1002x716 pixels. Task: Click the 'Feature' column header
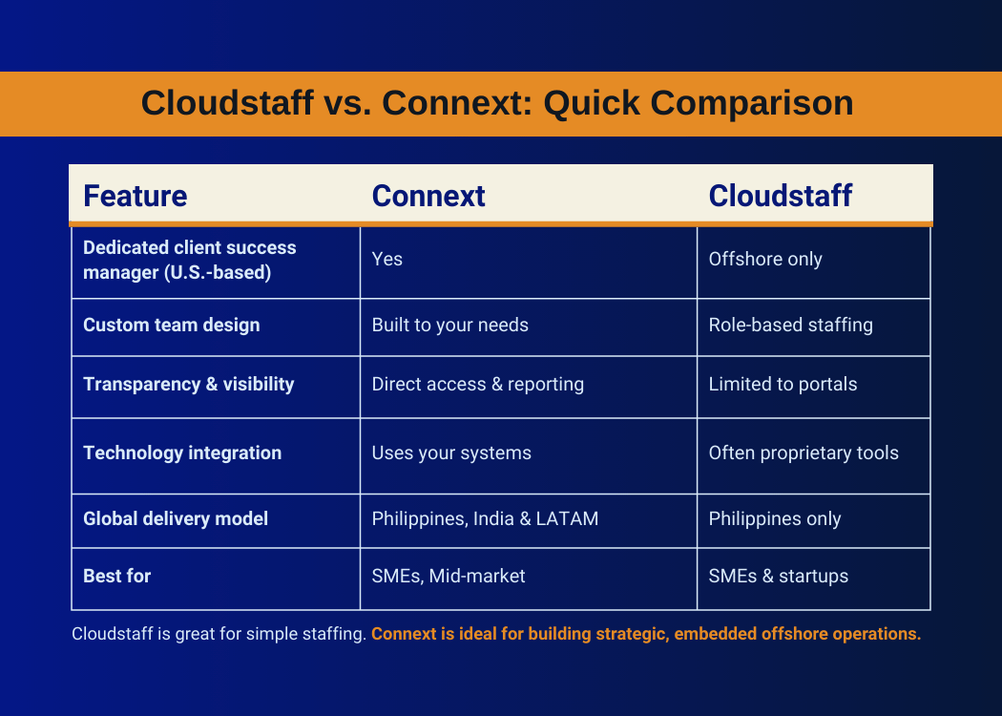point(135,196)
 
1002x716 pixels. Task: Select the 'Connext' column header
point(428,196)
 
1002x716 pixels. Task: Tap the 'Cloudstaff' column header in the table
point(781,196)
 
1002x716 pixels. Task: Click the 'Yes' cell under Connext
point(387,259)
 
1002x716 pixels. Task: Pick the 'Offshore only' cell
point(765,259)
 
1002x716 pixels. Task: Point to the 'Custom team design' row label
point(171,325)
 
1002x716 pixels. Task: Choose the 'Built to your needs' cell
point(449,325)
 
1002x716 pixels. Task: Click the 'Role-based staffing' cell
point(790,325)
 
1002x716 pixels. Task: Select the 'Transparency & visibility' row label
point(189,384)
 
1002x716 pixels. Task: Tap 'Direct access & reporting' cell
point(477,384)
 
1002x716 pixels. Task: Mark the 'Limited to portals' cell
point(783,384)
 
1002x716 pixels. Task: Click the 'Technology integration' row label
point(182,453)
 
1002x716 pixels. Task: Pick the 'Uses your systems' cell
point(451,453)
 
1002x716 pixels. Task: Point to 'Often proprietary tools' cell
point(804,453)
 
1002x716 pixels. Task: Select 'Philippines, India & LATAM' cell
point(485,518)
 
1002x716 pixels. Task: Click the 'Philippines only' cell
point(775,518)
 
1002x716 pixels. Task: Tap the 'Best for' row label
point(117,576)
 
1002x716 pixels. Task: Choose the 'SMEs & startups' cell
point(779,576)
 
